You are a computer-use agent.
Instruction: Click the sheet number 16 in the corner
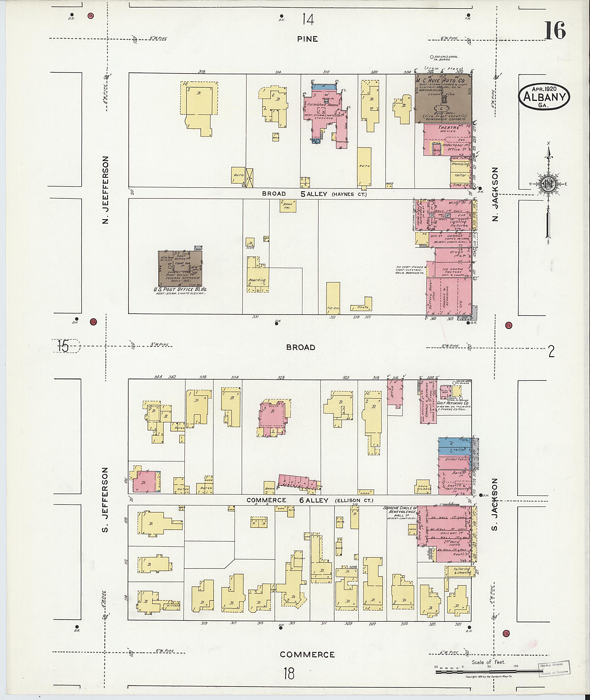(x=555, y=31)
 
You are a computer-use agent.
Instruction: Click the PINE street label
(x=307, y=39)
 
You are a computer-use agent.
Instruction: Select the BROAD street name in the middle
(x=301, y=347)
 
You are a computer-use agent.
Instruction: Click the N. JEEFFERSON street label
(x=106, y=190)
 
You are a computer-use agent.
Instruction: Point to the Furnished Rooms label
(x=324, y=105)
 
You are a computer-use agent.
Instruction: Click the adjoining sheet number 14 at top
(x=308, y=19)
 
